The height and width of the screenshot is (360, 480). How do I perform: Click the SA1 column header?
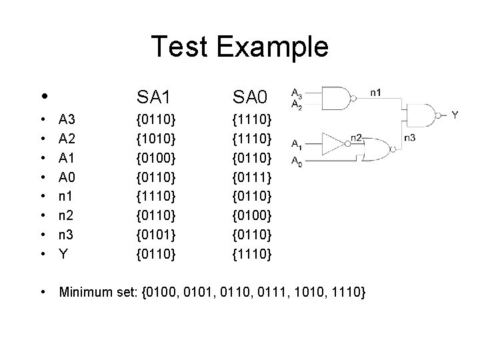tap(155, 98)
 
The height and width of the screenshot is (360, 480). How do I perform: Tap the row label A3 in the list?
tap(67, 120)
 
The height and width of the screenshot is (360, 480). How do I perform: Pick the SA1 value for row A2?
tap(155, 139)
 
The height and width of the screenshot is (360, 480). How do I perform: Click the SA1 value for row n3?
tap(155, 235)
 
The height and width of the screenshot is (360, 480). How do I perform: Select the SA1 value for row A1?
tap(155, 158)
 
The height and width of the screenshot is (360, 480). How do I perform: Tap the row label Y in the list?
tap(63, 254)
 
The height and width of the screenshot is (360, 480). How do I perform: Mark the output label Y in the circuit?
tap(456, 115)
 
